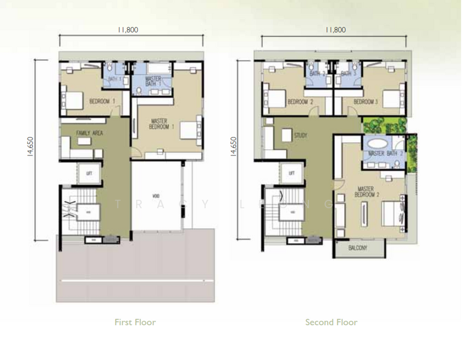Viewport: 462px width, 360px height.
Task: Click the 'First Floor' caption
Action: (x=135, y=322)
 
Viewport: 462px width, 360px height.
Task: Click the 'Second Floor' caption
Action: (x=331, y=322)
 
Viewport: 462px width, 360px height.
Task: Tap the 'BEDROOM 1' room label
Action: (x=102, y=102)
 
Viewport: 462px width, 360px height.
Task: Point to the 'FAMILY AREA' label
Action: (x=89, y=133)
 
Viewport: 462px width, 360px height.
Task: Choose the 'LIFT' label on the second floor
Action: (x=292, y=173)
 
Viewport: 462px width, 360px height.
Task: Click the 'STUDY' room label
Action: (x=300, y=136)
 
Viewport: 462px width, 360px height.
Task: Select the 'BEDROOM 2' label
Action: (x=301, y=102)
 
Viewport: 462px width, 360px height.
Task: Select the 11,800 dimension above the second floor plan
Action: (x=335, y=29)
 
